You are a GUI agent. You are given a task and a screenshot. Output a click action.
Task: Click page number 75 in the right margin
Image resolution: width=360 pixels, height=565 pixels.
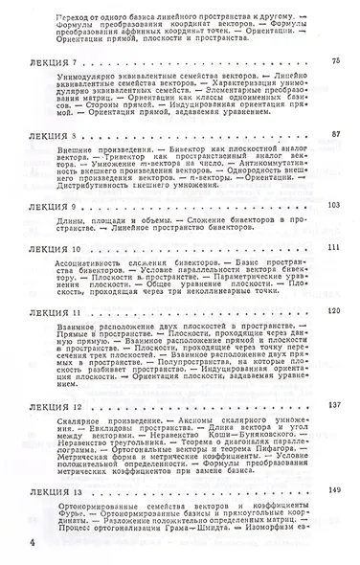[335, 61]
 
